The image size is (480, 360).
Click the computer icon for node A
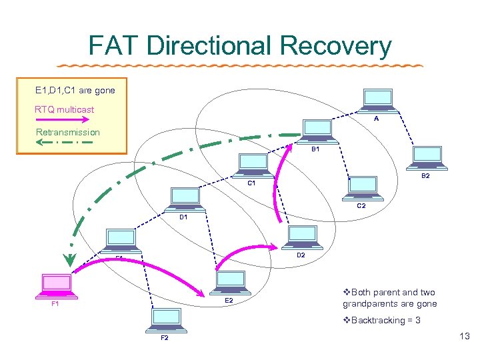pyautogui.click(x=377, y=101)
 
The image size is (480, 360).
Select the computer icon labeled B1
pyautogui.click(x=317, y=131)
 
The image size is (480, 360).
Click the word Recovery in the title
pyautogui.click(x=335, y=46)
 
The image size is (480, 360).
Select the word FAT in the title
pyautogui.click(x=115, y=46)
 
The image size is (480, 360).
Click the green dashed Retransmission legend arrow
pyautogui.click(x=67, y=142)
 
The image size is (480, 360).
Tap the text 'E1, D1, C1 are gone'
pyautogui.click(x=75, y=90)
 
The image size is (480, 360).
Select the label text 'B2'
pyautogui.click(x=425, y=177)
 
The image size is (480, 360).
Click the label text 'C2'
pyautogui.click(x=361, y=206)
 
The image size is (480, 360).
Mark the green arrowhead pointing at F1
pyautogui.click(x=69, y=259)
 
